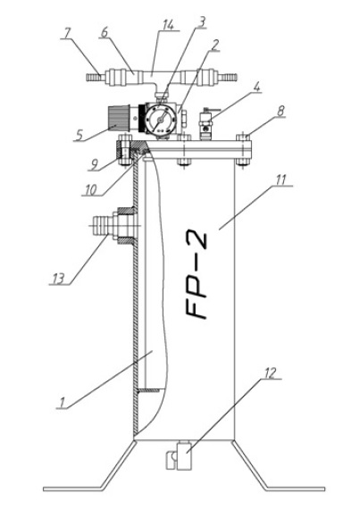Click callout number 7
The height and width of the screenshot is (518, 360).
(68, 33)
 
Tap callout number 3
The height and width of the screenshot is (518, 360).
(202, 22)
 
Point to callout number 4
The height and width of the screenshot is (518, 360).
(257, 87)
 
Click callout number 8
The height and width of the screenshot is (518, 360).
(280, 111)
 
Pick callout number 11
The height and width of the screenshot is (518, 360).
(281, 180)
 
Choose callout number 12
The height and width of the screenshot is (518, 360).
(270, 373)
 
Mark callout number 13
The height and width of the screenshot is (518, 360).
(59, 279)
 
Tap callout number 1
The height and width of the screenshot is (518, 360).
(62, 403)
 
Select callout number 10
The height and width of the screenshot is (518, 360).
(90, 189)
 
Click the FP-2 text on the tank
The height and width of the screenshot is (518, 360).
(196, 276)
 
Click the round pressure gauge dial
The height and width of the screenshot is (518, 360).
(160, 120)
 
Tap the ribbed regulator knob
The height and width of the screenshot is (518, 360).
(118, 119)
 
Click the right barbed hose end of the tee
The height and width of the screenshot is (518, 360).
(228, 78)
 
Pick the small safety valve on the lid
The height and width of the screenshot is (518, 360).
(206, 125)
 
